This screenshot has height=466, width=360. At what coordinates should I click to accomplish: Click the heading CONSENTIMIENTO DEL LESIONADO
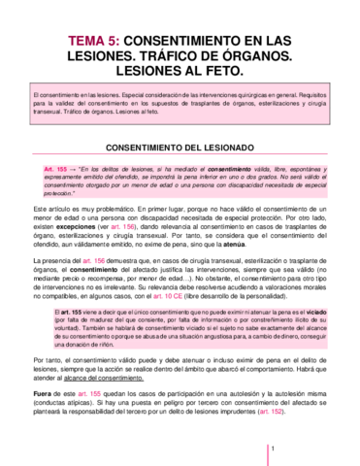click(x=180, y=147)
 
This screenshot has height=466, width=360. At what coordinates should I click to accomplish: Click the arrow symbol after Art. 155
click(x=70, y=169)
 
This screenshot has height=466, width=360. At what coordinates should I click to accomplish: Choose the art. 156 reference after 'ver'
click(x=123, y=230)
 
